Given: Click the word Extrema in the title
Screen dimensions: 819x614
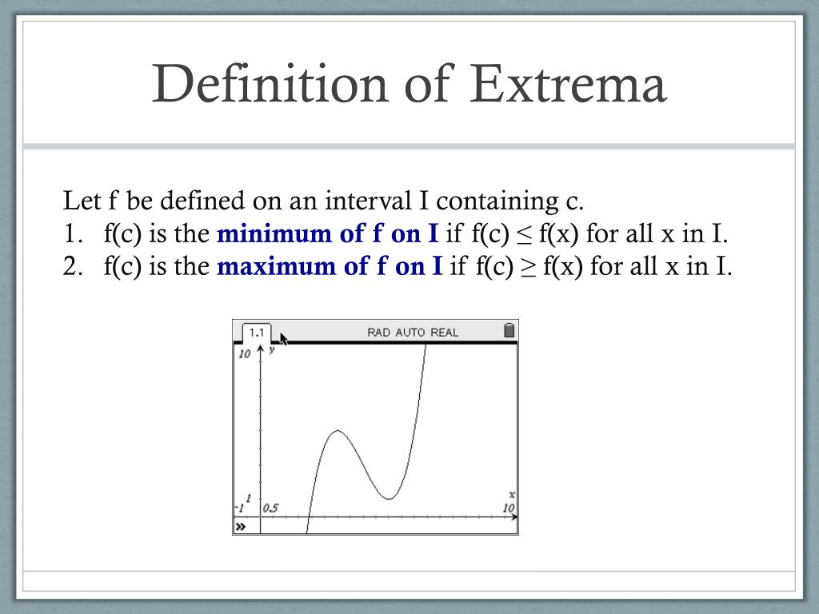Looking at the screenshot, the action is click(569, 84).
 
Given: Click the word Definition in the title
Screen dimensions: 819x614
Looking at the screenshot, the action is click(270, 82).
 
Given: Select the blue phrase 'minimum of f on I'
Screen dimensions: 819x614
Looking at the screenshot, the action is click(327, 233).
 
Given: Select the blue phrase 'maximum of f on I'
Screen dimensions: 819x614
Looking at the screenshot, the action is click(330, 266).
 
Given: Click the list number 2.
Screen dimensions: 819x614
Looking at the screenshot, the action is click(73, 266).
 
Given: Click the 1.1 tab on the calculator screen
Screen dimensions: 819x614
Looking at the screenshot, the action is click(257, 333).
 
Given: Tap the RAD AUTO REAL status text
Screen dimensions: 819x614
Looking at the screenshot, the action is click(413, 333).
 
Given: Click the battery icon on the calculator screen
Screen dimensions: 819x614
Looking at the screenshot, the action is click(509, 330).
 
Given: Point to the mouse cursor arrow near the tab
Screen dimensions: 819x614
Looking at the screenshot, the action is click(284, 338).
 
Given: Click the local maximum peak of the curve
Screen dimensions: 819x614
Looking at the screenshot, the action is click(338, 431).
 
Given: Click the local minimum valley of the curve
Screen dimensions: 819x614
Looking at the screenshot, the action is click(390, 499).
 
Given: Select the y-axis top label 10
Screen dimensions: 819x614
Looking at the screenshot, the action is click(245, 354).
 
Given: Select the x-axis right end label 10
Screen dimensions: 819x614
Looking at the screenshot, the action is click(508, 508).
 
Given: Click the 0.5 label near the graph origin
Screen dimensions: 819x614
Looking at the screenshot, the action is click(270, 508).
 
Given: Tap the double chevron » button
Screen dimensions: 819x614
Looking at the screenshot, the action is click(240, 526).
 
